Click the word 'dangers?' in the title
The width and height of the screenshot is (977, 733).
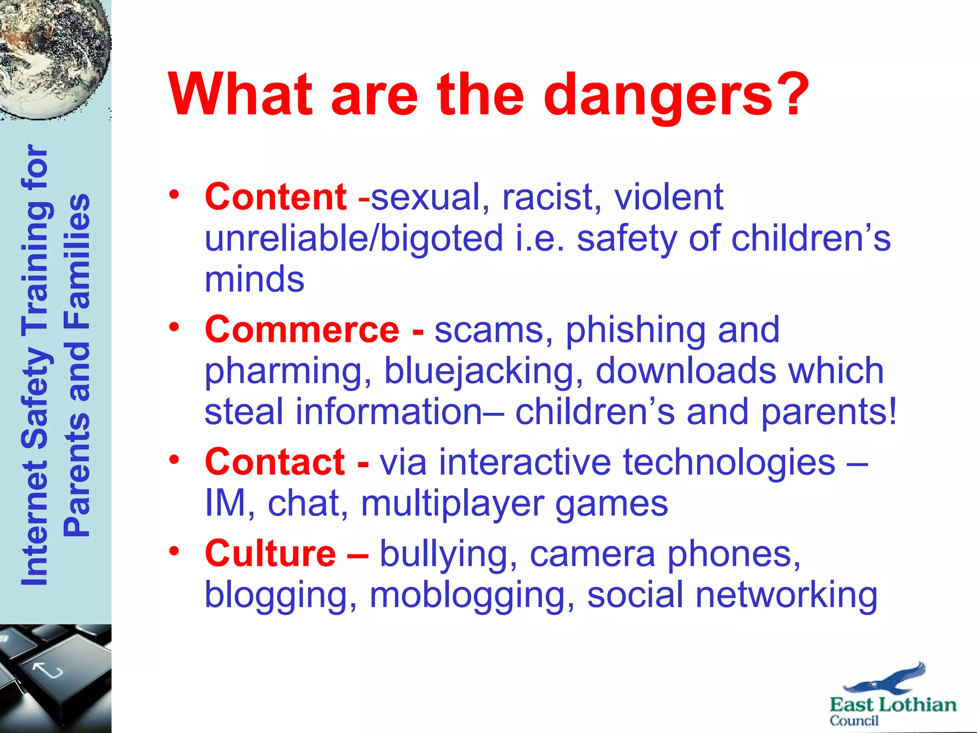pos(676,95)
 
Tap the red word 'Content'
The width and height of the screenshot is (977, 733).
pos(275,197)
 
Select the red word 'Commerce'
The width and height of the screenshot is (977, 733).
pos(301,330)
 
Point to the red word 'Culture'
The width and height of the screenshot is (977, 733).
pos(270,554)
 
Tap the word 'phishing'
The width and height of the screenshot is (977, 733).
pos(635,330)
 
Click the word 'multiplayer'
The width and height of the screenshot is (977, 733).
pos(452,503)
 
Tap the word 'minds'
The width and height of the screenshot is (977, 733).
pos(254,279)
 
